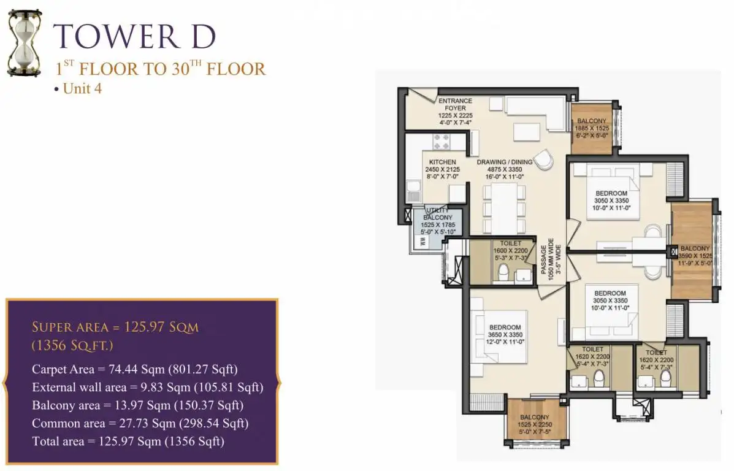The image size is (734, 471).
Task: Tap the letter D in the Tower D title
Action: tap(203, 37)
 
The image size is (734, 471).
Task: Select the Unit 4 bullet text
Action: tap(78, 88)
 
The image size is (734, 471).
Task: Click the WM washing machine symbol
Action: tap(423, 242)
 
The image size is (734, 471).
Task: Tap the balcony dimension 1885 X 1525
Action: tap(592, 128)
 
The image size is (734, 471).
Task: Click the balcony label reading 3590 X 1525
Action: tap(695, 256)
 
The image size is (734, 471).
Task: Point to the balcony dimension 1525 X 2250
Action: tap(535, 424)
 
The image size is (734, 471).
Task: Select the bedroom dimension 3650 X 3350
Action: tap(505, 335)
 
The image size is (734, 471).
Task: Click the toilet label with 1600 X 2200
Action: tap(510, 250)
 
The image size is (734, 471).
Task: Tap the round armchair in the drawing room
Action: tap(543, 159)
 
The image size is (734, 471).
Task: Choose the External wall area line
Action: tap(147, 387)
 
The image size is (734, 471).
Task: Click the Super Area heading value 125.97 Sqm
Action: tap(161, 327)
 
